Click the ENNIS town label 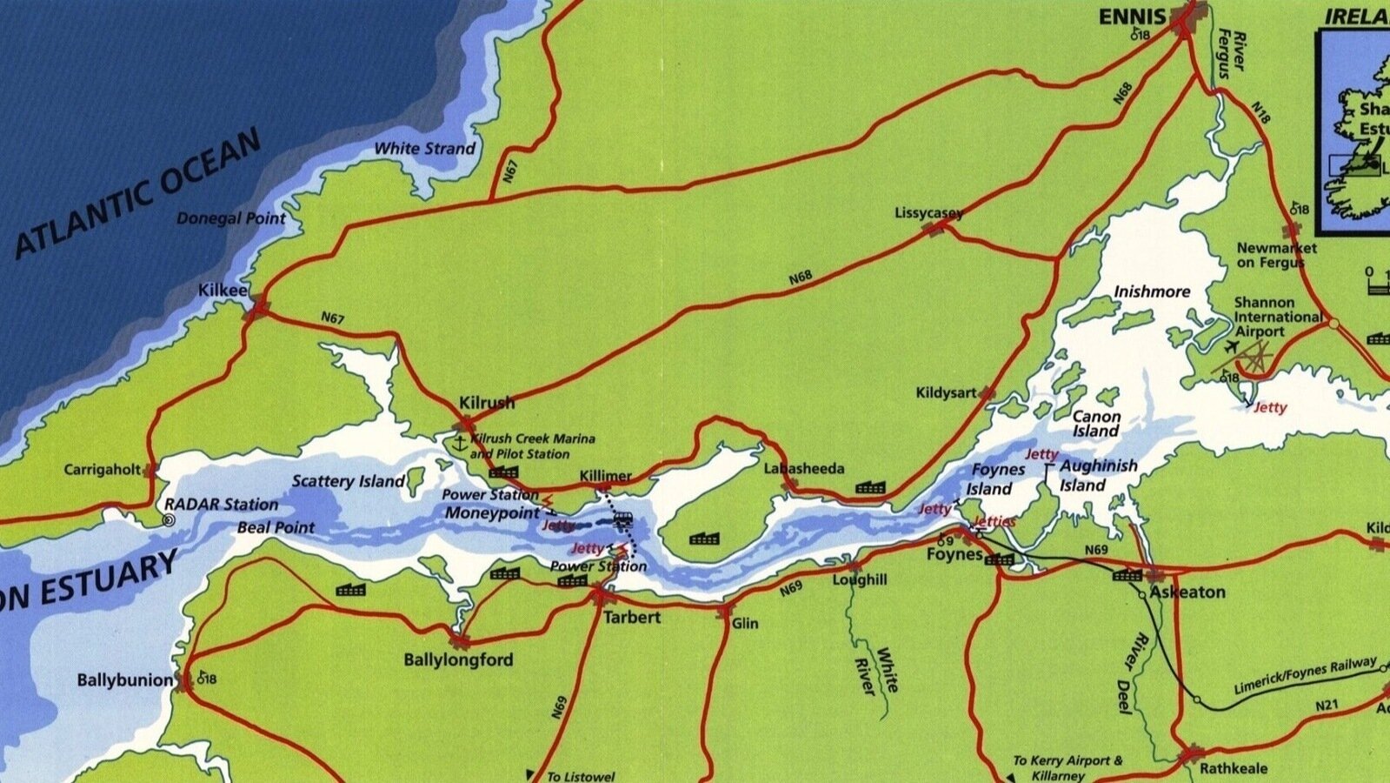pos(1131,17)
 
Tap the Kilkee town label pos(223,290)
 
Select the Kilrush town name pos(487,403)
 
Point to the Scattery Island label pos(348,481)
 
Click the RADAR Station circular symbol pos(170,520)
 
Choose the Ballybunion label pos(125,679)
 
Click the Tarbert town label pos(632,617)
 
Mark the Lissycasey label pos(928,213)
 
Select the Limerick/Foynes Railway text pos(1305,676)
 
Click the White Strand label pos(424,149)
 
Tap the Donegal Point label pos(230,217)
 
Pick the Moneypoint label pos(492,512)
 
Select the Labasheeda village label pos(804,469)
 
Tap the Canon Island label pos(1095,424)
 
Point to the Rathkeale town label pos(1233,769)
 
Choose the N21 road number pos(1327,705)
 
